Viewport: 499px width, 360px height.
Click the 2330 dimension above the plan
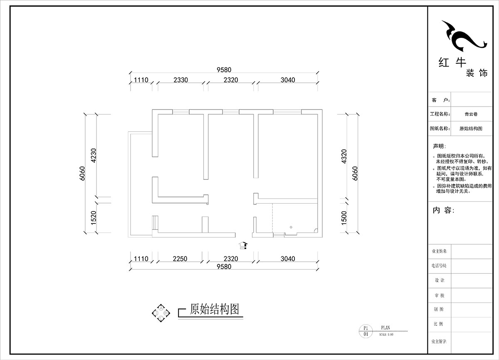[180, 80]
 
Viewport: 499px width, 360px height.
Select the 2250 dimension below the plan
[180, 259]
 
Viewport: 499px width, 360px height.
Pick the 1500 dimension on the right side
[344, 218]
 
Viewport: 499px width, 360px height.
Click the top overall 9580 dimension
[223, 70]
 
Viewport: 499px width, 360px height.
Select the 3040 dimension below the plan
[287, 259]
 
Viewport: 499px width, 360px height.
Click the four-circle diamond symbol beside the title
[161, 312]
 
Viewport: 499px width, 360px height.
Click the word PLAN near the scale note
[385, 328]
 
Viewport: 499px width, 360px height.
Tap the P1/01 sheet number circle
[366, 331]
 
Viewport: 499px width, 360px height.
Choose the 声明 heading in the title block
[440, 146]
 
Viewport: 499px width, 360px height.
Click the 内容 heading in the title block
[443, 210]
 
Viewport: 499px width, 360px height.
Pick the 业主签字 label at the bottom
[439, 341]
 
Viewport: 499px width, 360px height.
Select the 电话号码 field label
[439, 266]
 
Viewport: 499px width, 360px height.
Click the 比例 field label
[439, 324]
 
